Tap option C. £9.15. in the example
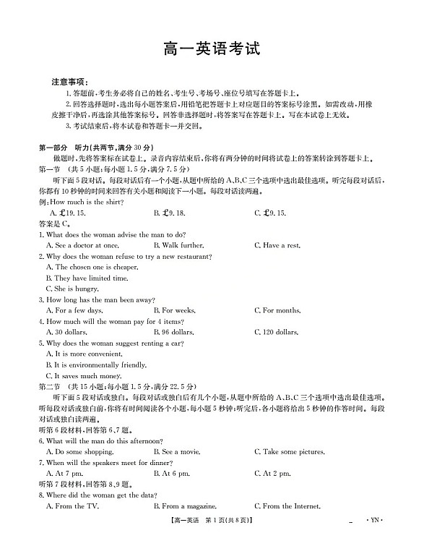click(x=270, y=213)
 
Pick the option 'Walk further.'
click(x=178, y=246)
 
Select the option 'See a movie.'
click(x=176, y=452)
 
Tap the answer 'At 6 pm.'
click(x=171, y=474)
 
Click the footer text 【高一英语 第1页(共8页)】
click(x=212, y=520)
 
